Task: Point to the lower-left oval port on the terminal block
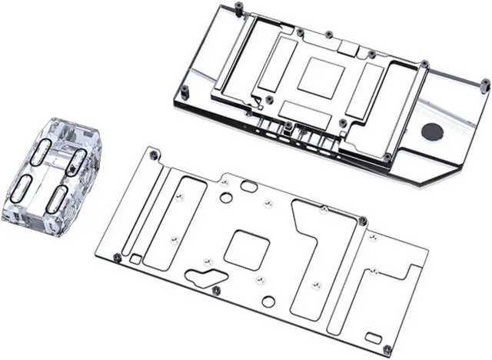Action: click(23, 187)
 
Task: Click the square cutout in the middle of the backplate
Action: click(244, 248)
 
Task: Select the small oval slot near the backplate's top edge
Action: click(249, 186)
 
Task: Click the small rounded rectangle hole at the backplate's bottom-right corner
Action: click(373, 337)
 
